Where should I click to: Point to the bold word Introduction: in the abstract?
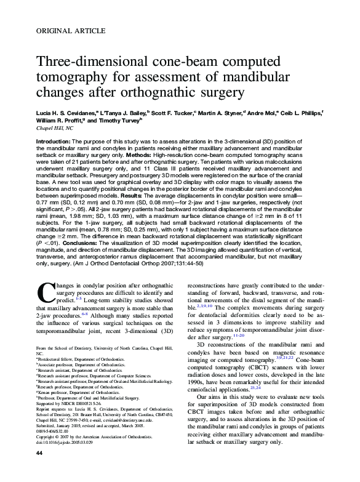point(54,141)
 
